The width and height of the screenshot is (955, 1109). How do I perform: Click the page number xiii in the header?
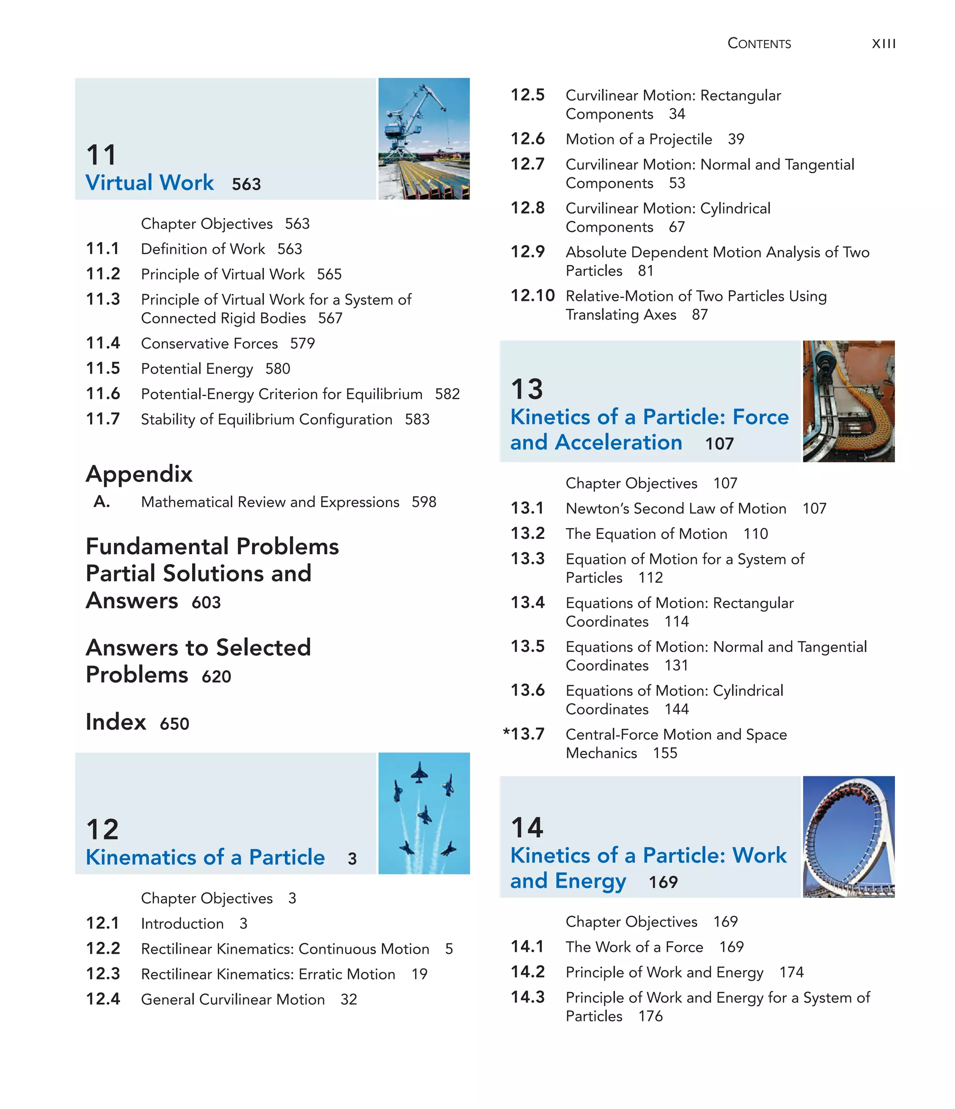[883, 44]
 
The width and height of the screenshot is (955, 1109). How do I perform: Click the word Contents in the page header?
[759, 44]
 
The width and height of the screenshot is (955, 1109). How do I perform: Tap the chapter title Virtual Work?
[150, 183]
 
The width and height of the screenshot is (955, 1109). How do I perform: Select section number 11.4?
[103, 343]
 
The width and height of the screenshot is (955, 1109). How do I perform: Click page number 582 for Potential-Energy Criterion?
[447, 394]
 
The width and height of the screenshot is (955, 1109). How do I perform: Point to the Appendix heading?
[139, 474]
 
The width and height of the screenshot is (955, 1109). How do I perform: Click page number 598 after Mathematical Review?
[424, 502]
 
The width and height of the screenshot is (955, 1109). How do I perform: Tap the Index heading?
[116, 722]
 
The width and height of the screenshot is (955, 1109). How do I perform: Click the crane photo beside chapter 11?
[424, 139]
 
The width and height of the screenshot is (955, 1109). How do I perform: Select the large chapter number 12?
[102, 830]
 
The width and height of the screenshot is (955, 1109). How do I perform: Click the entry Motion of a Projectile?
[639, 139]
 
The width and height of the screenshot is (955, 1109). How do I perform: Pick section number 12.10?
[533, 295]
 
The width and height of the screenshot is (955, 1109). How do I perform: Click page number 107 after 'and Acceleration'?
[719, 444]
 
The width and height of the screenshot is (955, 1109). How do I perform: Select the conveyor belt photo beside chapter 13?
[848, 401]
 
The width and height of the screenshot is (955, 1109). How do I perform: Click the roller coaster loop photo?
[848, 837]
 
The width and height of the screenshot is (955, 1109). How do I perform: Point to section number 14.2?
[527, 972]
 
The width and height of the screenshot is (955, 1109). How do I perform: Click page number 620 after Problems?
[216, 677]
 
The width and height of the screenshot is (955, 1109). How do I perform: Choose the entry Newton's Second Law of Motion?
[676, 509]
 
